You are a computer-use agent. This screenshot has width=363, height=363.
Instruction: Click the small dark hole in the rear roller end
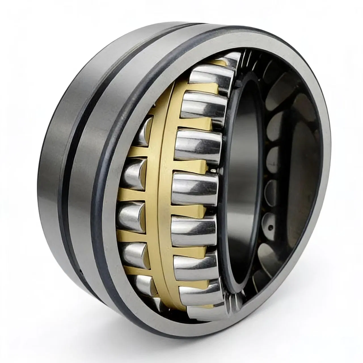pos(270,227)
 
